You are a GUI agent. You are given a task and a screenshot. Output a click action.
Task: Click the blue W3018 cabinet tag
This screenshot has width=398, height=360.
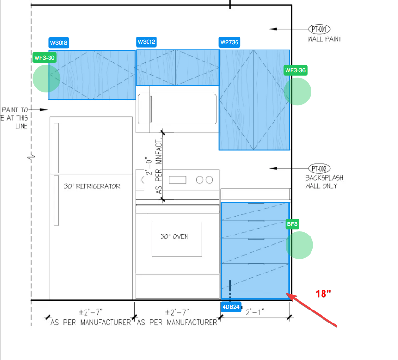point(59,43)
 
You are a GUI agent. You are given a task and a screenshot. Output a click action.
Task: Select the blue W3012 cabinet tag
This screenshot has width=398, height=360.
point(146,42)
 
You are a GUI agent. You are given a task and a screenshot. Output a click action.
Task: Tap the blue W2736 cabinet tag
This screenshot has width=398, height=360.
point(229,42)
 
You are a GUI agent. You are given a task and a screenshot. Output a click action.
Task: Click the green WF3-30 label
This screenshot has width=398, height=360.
point(44,58)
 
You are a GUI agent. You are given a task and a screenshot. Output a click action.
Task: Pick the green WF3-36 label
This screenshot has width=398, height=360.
point(296,70)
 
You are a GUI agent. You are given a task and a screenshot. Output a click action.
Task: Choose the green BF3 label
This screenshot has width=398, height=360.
point(292,224)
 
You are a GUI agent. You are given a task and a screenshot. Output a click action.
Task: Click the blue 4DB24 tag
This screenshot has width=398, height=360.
point(231,307)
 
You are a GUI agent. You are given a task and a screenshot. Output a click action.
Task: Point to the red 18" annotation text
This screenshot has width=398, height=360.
point(323,294)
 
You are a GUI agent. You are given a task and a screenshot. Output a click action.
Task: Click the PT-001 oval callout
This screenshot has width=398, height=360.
point(319,29)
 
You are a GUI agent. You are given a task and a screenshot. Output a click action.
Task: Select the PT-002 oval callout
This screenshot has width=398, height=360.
point(319,169)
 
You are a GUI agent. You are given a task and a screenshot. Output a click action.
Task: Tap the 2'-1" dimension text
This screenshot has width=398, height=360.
point(255,312)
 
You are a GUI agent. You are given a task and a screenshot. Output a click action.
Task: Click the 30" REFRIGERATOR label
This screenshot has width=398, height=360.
point(92,186)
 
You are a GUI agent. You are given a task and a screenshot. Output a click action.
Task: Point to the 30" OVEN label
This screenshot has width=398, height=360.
point(174,236)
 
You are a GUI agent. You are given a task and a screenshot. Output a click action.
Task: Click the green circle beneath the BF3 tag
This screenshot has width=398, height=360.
point(299,245)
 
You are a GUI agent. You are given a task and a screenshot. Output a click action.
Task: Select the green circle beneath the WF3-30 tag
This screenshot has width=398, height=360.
point(46,78)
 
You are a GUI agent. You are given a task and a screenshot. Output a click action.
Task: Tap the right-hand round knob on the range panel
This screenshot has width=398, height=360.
point(210,180)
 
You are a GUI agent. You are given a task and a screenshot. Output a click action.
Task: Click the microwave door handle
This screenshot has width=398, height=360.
point(151,109)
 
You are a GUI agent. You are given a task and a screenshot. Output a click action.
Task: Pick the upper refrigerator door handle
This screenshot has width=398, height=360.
point(56,148)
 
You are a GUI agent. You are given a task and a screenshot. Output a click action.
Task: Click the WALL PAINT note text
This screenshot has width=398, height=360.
point(324,39)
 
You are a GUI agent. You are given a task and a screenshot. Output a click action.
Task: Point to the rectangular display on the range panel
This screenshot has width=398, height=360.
point(177,180)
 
